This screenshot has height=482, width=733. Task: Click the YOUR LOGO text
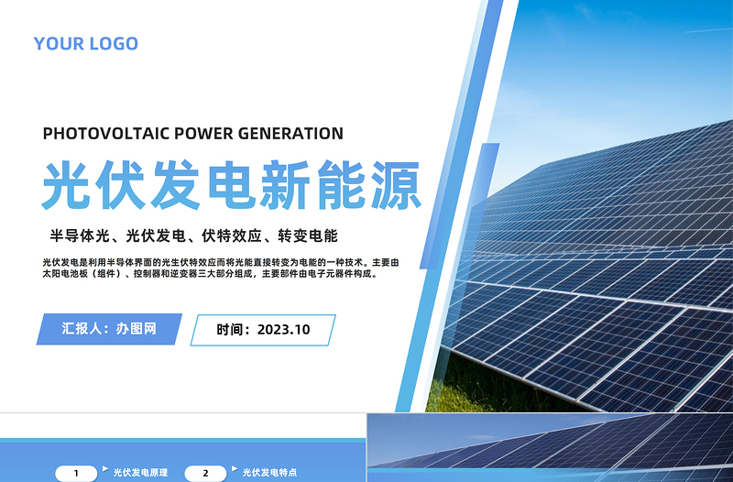click(85, 43)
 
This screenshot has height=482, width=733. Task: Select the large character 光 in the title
click(70, 186)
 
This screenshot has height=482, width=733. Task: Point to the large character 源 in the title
click(394, 186)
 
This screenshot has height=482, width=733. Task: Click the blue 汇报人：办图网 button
click(108, 329)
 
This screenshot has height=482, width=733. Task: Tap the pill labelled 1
click(77, 474)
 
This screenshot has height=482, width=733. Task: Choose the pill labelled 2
click(206, 474)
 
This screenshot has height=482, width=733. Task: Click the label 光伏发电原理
click(140, 474)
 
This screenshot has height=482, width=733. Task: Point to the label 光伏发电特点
click(269, 474)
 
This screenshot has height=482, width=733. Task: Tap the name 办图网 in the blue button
click(138, 329)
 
